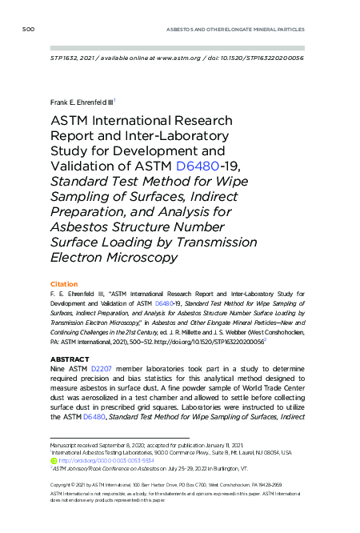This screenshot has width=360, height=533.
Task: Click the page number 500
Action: pyautogui.click(x=29, y=30)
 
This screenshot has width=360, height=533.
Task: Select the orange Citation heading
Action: pyautogui.click(x=64, y=284)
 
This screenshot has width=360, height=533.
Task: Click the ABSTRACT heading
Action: pyautogui.click(x=69, y=359)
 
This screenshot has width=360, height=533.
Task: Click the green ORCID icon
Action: pyautogui.click(x=54, y=460)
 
